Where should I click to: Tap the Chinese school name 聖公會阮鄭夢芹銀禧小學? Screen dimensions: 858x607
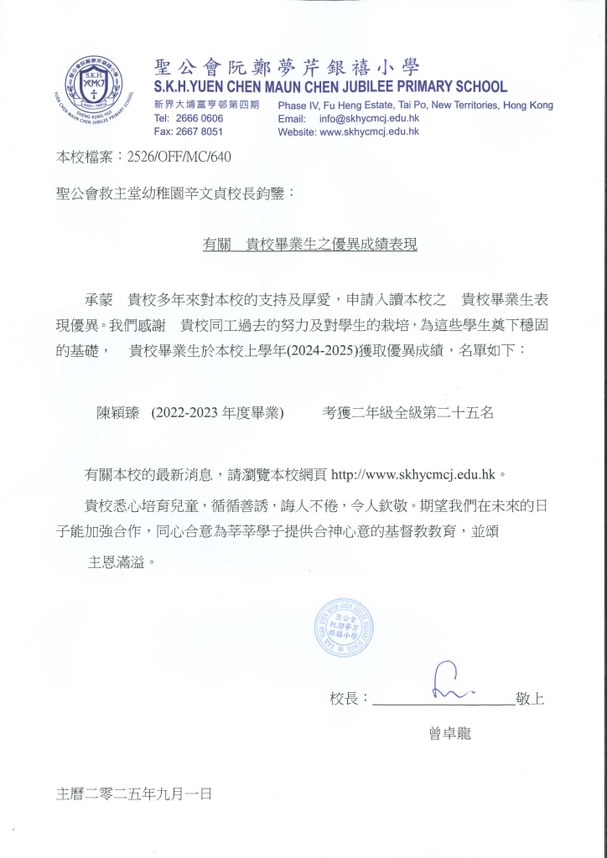pyautogui.click(x=287, y=67)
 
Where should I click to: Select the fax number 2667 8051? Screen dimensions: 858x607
pyautogui.click(x=200, y=132)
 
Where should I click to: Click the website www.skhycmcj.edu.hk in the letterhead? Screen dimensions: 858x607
pyautogui.click(x=369, y=132)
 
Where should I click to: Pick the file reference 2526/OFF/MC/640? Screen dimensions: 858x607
pyautogui.click(x=179, y=157)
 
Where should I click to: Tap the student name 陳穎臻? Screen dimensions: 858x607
pyautogui.click(x=121, y=412)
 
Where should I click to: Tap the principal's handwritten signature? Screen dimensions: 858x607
pyautogui.click(x=450, y=682)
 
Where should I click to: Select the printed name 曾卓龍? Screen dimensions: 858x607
pyautogui.click(x=450, y=735)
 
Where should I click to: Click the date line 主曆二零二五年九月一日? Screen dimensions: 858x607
pyautogui.click(x=133, y=793)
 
